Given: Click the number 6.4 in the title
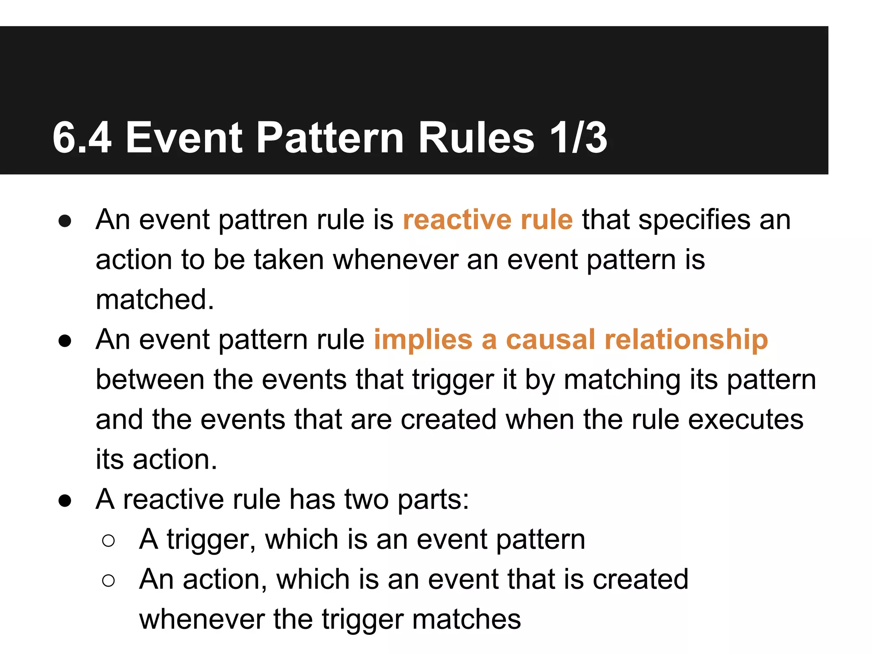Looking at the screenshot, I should (82, 138).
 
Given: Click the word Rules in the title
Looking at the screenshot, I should (476, 138).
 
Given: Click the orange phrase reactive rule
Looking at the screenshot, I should (488, 220).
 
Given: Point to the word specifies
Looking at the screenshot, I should (694, 220).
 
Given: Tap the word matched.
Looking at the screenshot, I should (155, 299).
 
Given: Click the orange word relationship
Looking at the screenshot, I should (686, 340).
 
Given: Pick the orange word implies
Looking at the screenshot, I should (423, 340).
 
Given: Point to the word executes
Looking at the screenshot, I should (746, 419).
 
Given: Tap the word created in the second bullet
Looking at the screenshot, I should (448, 419).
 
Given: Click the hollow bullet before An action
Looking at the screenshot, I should (109, 580).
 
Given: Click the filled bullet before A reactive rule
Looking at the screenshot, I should (65, 500).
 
